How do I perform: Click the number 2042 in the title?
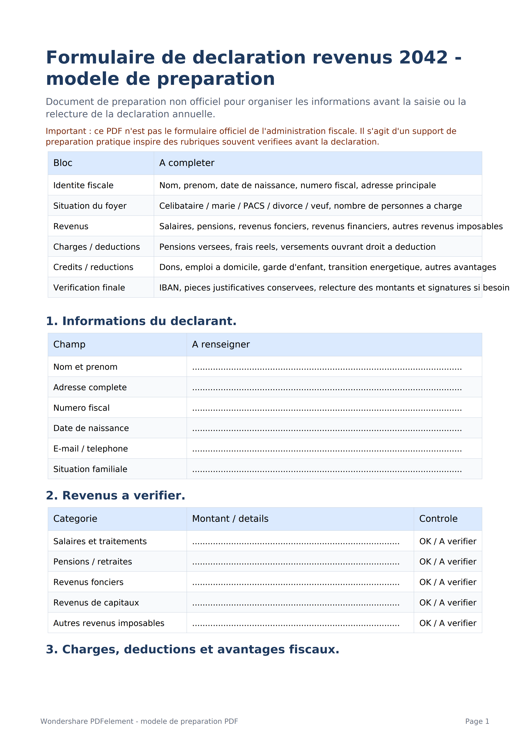coord(423,57)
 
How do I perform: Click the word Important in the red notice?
coord(66,131)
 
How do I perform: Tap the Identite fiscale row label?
coord(83,185)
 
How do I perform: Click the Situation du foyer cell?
coord(90,206)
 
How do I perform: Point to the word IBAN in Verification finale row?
coord(170,288)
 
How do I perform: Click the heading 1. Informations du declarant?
coord(141,321)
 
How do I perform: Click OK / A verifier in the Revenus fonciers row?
coord(448,582)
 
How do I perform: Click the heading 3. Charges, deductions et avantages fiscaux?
coord(193,649)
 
